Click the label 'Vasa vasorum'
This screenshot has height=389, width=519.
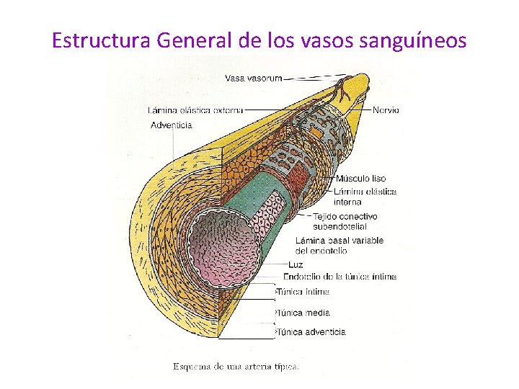pos(253,78)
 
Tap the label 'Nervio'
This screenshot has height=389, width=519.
pos(386,110)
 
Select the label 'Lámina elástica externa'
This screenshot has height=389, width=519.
pos(195,110)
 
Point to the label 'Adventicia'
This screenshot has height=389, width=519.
pos(171,125)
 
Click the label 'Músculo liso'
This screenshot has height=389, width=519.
pos(361,179)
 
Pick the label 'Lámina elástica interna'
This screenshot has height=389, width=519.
pos(365,197)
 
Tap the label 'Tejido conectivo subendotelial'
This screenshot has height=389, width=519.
pos(345,221)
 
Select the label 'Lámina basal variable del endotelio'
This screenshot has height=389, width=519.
pos(340,246)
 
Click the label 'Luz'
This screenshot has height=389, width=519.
pos(296,264)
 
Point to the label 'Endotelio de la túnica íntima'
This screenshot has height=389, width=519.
pos(340,277)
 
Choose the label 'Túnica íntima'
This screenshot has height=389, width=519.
pos(303,292)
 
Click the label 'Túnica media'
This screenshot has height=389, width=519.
pos(303,313)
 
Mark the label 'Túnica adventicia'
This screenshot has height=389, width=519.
pos(311,332)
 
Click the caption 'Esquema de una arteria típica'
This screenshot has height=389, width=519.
pos(236,366)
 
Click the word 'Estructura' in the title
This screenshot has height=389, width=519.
pos(101,40)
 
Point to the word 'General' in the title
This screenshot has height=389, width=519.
pos(194,40)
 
